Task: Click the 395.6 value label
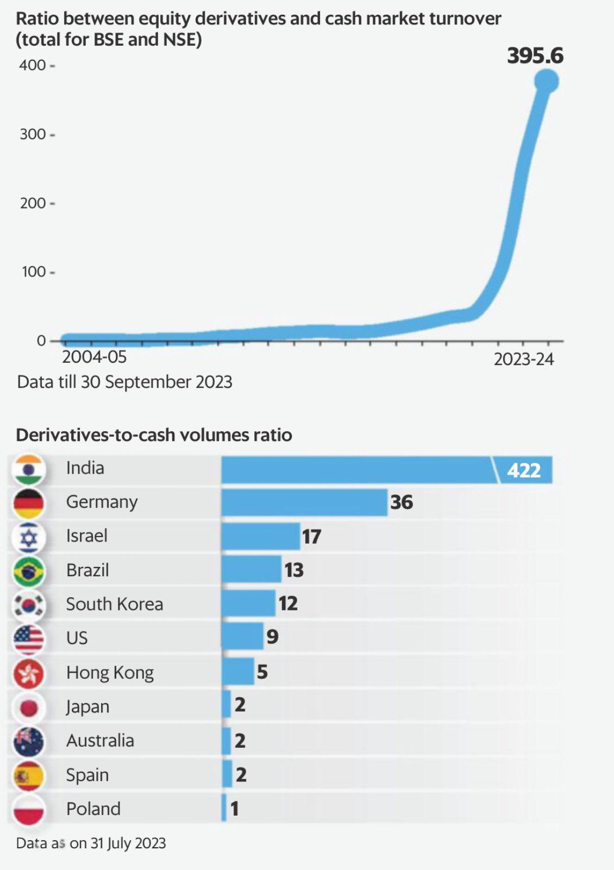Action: click(535, 55)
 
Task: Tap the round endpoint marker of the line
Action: click(546, 81)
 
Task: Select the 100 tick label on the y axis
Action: click(33, 272)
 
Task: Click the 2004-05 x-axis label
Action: click(94, 357)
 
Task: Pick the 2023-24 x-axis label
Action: click(523, 359)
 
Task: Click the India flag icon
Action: click(29, 470)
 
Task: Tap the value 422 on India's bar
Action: click(524, 470)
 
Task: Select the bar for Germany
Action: click(304, 502)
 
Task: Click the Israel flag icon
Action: click(29, 537)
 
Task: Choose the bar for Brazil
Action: click(251, 569)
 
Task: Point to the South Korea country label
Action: click(114, 604)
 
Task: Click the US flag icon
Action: click(29, 639)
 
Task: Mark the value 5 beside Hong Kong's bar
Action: click(262, 672)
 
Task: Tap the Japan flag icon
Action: click(29, 707)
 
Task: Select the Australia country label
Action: click(100, 740)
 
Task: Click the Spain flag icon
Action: click(29, 776)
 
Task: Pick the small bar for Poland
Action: click(224, 808)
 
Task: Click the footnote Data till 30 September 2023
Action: click(124, 382)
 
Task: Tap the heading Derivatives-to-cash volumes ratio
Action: click(154, 435)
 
